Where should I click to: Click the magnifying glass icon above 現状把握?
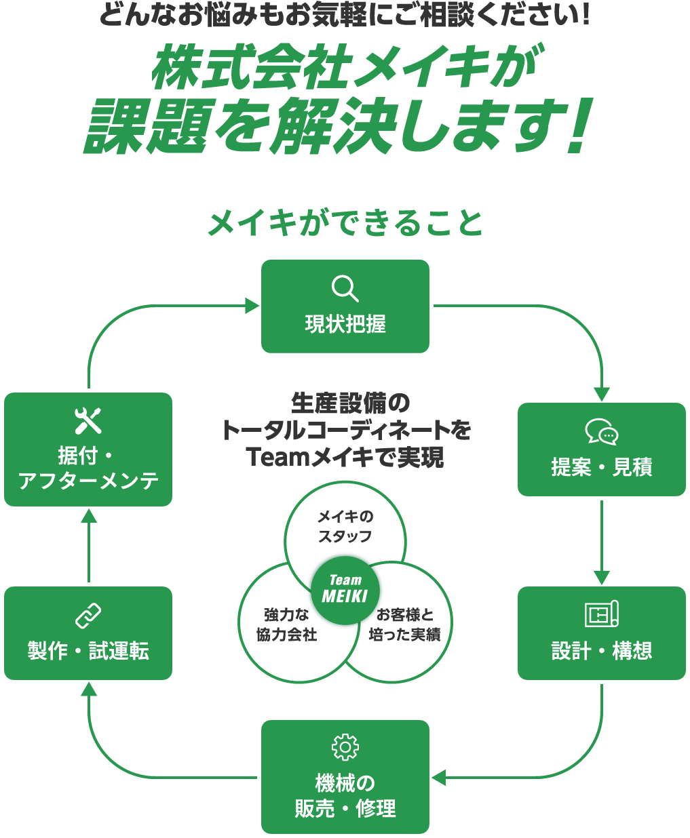click(x=345, y=289)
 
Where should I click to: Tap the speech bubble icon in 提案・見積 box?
click(x=601, y=432)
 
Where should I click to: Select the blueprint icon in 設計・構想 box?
click(x=601, y=614)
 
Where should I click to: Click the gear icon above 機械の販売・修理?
click(x=345, y=747)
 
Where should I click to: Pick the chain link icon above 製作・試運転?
click(x=88, y=616)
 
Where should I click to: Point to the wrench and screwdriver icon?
click(x=88, y=420)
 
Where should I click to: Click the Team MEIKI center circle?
click(x=345, y=588)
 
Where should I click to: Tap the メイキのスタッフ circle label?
click(x=345, y=527)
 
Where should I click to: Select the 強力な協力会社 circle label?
click(x=286, y=624)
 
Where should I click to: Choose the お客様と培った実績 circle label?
click(x=404, y=624)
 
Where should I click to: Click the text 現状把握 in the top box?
click(x=345, y=324)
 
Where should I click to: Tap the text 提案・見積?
click(x=601, y=467)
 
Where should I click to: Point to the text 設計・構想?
click(x=601, y=651)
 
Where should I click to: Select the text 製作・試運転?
click(x=88, y=651)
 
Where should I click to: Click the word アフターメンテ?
click(x=88, y=481)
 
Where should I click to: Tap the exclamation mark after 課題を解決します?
click(x=579, y=127)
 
